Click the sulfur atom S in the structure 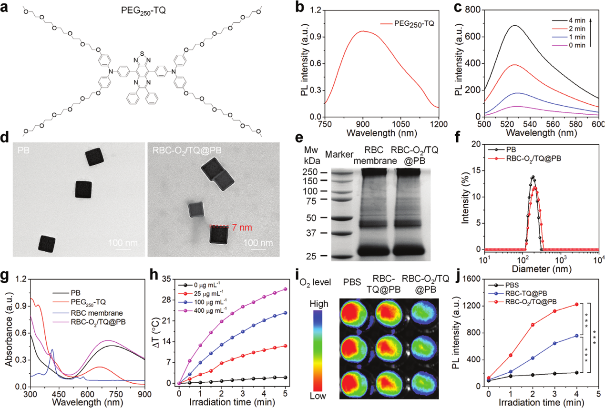pos(142,53)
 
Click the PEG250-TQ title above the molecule pos(143,11)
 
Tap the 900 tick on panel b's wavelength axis pos(363,124)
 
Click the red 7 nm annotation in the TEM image pos(242,228)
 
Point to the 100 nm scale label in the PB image pos(123,243)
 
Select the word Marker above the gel pos(339,155)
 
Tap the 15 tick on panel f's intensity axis pos(477,170)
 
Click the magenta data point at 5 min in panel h pos(285,289)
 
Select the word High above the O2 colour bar pos(319,304)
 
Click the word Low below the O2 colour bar pos(318,396)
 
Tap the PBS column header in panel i pos(352,282)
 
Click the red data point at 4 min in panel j pos(577,304)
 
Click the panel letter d pos(5,137)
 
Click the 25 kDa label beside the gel pos(311,256)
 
